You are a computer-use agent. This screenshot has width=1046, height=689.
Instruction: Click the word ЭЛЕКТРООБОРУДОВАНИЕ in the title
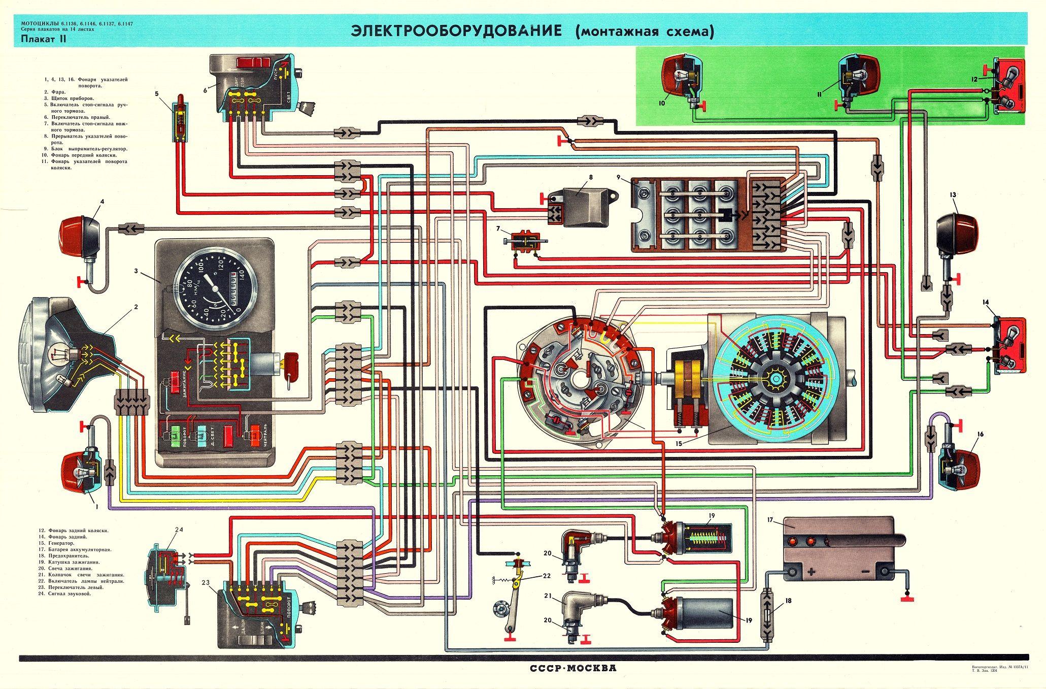click(x=456, y=31)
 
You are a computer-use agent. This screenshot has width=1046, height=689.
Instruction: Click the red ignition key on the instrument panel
click(x=292, y=362)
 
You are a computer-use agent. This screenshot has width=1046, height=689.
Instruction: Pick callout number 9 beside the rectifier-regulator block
click(x=619, y=178)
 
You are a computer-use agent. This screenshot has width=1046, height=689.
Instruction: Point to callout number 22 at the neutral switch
click(x=546, y=575)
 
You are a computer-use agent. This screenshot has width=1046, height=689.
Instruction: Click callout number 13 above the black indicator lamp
click(x=953, y=195)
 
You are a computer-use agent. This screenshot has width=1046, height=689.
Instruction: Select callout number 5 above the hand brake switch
click(x=157, y=93)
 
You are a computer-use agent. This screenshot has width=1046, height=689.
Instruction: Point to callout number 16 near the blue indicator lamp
click(x=980, y=434)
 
